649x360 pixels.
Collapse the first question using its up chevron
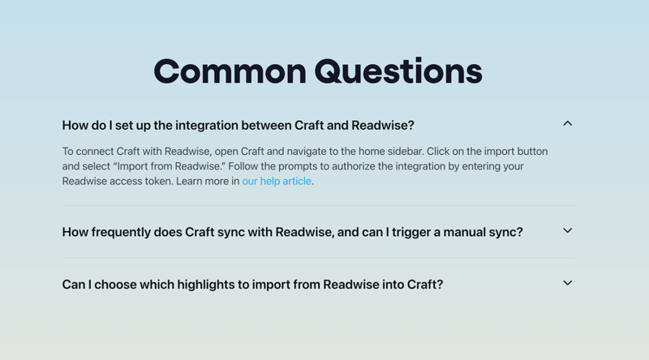click(567, 124)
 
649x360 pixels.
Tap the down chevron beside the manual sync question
click(567, 230)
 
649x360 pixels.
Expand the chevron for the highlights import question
click(567, 283)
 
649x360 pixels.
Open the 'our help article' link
click(277, 181)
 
